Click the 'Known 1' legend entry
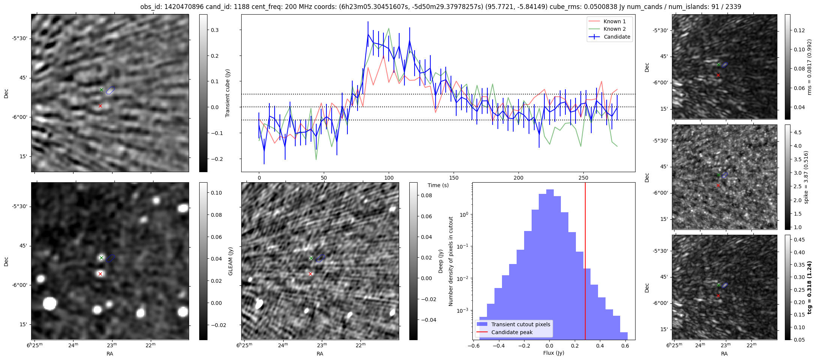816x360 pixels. point(614,21)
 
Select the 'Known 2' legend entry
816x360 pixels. point(614,29)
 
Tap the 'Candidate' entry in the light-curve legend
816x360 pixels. point(617,37)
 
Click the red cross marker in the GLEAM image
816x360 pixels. point(100,274)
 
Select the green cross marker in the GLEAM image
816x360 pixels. point(101,258)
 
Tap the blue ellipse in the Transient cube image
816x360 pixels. point(110,90)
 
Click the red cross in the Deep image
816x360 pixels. point(310,274)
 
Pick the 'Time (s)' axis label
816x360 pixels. point(438,185)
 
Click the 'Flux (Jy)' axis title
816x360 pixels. point(553,353)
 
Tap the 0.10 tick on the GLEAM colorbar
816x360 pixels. point(216,193)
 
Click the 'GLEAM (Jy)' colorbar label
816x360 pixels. point(230,261)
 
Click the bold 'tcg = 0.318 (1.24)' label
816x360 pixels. point(810,288)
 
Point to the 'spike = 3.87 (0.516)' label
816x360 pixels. point(806,177)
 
